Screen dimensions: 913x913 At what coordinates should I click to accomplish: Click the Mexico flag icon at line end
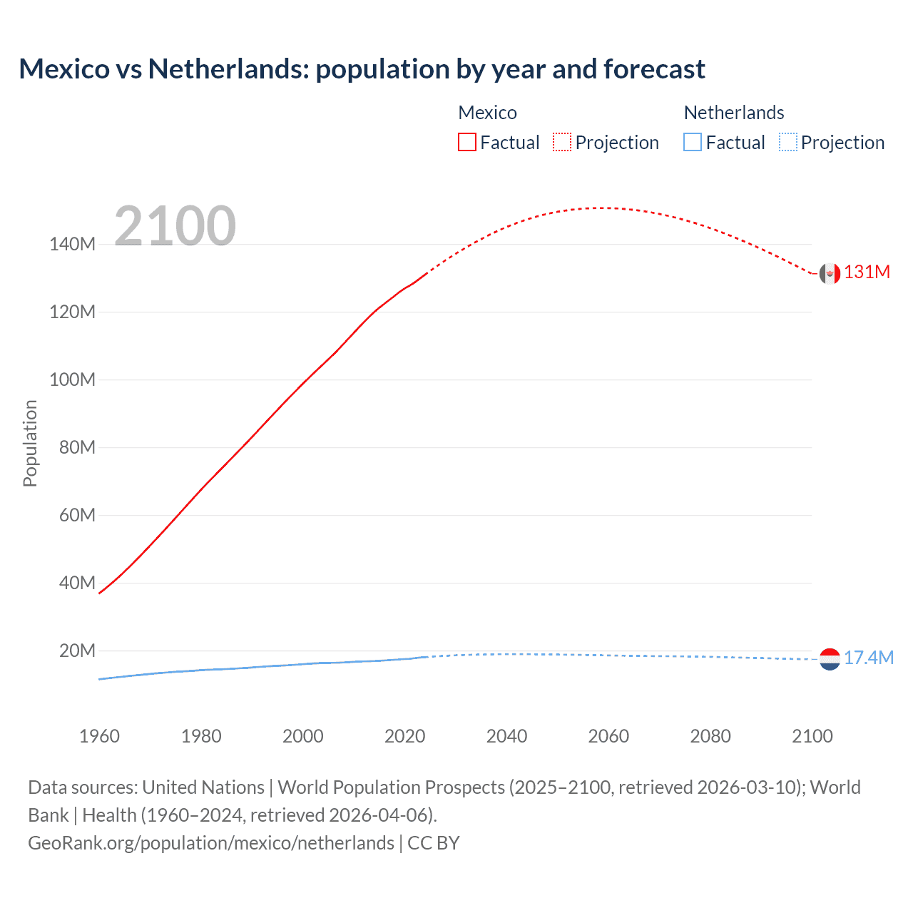pyautogui.click(x=830, y=273)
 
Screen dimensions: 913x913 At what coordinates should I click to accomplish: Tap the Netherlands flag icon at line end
pyautogui.click(x=830, y=659)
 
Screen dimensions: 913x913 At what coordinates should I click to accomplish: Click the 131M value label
pyautogui.click(x=867, y=272)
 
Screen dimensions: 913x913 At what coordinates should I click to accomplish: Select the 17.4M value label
pyautogui.click(x=868, y=658)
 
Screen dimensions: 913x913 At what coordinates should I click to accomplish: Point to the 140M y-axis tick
pyautogui.click(x=72, y=245)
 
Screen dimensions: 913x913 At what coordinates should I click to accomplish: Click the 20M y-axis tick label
pyautogui.click(x=77, y=651)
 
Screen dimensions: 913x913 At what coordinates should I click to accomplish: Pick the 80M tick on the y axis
pyautogui.click(x=77, y=447)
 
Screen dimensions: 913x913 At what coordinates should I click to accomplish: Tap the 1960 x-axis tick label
pyautogui.click(x=99, y=736)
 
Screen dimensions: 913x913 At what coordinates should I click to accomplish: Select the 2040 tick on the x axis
pyautogui.click(x=506, y=736)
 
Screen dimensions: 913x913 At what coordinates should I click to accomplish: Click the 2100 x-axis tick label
pyautogui.click(x=812, y=736)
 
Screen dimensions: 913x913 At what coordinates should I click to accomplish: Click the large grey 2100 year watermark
pyautogui.click(x=175, y=226)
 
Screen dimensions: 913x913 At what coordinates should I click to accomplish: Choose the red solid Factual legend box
pyautogui.click(x=467, y=142)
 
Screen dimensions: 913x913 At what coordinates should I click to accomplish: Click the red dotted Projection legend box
pyautogui.click(x=562, y=142)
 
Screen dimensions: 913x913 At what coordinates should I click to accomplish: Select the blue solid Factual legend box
pyautogui.click(x=693, y=142)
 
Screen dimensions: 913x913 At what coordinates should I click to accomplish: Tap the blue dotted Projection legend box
pyautogui.click(x=787, y=142)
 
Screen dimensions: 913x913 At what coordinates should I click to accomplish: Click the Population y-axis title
pyautogui.click(x=30, y=443)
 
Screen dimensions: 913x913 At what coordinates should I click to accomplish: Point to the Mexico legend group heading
pyautogui.click(x=487, y=113)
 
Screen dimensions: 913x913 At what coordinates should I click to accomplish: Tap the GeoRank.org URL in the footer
pyautogui.click(x=211, y=843)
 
